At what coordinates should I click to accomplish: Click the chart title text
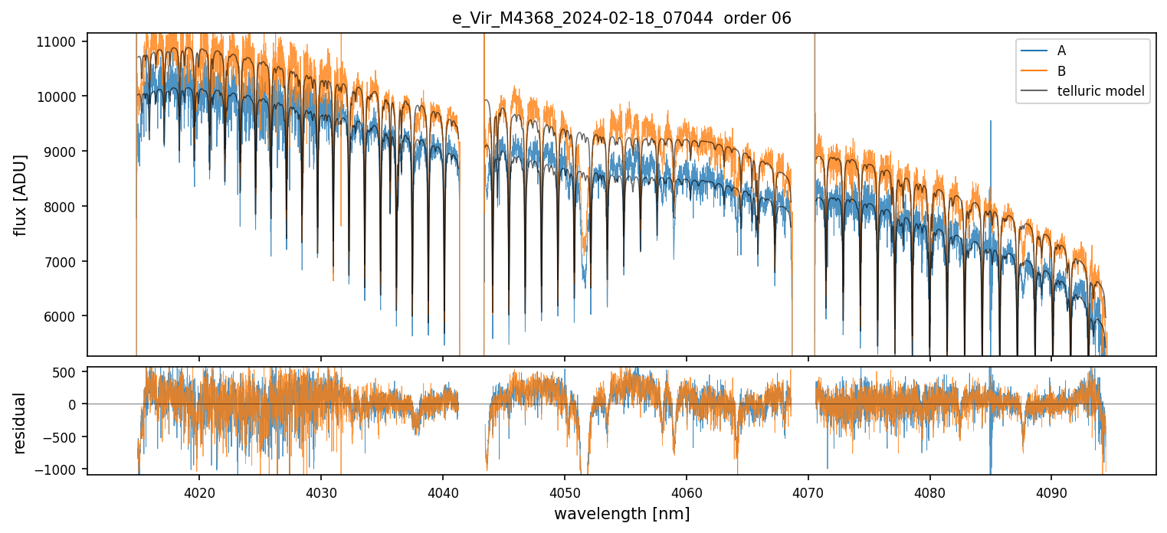tap(621, 18)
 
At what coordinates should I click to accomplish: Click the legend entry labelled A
tap(1061, 51)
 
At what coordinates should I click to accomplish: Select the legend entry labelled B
tap(1061, 71)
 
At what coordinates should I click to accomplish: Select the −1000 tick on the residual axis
tap(62, 469)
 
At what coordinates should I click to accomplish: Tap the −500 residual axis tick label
tap(65, 437)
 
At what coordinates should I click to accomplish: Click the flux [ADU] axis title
tap(21, 195)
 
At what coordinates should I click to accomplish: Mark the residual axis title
tap(21, 423)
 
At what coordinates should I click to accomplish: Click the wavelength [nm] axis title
tap(621, 513)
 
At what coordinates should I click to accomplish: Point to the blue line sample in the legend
tap(1034, 51)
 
